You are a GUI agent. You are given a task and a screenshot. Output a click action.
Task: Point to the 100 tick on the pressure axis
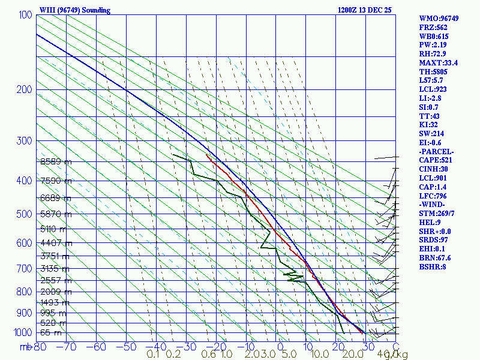click(x=25, y=15)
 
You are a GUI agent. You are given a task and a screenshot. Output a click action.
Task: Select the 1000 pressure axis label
click(x=23, y=332)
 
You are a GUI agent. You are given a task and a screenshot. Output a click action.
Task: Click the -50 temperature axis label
click(x=127, y=346)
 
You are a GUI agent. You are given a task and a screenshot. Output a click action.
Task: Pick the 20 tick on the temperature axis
click(x=337, y=346)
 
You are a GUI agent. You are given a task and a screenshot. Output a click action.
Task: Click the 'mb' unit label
click(x=26, y=346)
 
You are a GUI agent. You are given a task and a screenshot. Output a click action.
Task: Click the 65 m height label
click(x=50, y=332)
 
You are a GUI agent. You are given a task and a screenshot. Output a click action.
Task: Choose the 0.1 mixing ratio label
click(x=153, y=355)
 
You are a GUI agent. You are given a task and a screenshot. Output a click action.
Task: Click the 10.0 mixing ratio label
click(x=319, y=355)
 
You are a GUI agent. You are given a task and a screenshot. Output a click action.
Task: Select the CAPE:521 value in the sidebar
click(x=436, y=160)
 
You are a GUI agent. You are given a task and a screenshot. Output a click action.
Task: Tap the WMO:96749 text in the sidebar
click(x=439, y=19)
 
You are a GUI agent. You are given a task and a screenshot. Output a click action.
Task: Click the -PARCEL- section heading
click(x=437, y=151)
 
